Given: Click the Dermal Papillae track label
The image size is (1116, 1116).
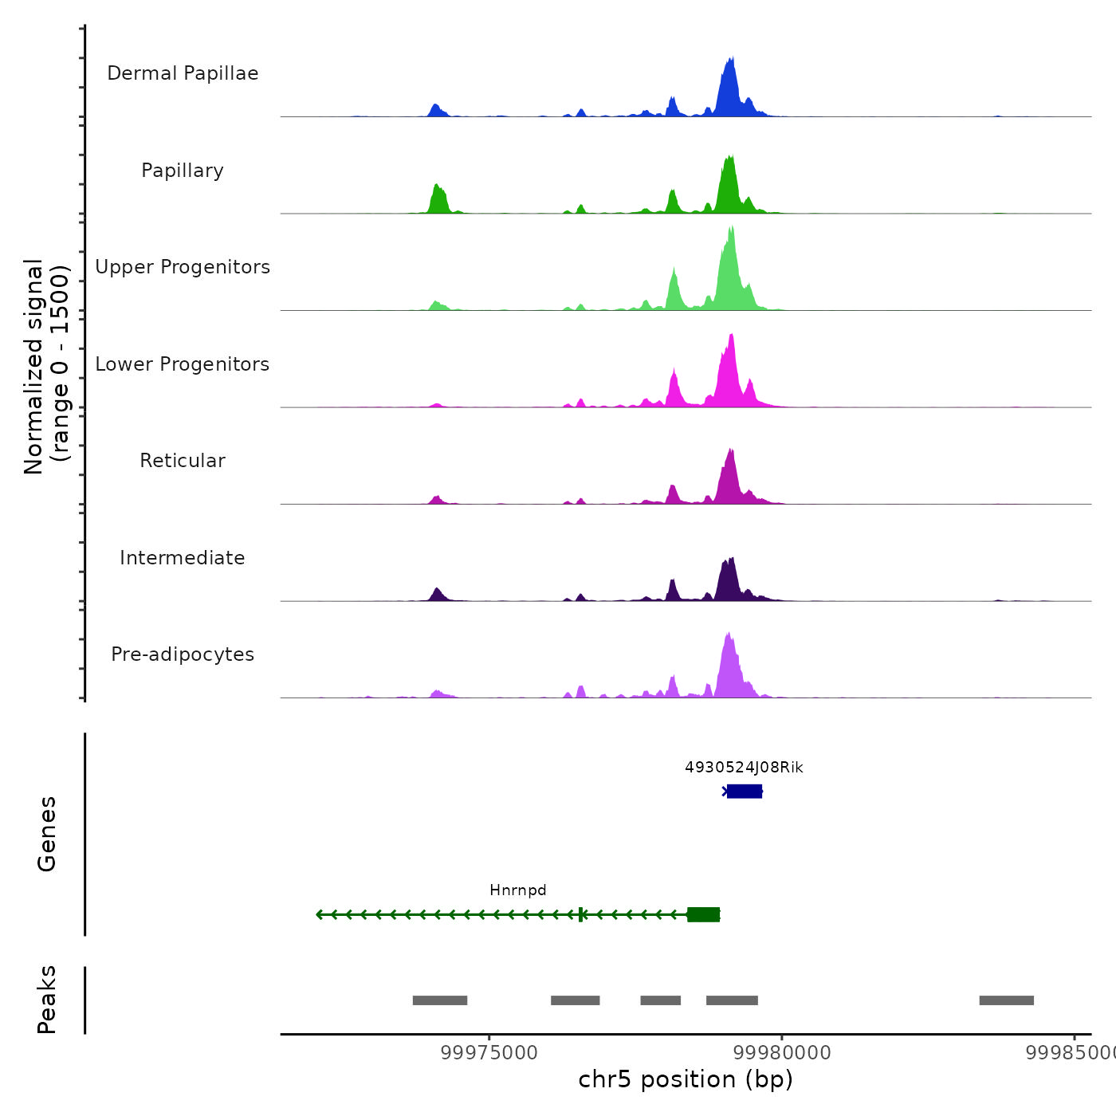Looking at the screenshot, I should point(183,73).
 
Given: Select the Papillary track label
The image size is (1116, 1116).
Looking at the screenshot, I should point(183,171).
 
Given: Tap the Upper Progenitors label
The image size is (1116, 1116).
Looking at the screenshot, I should point(183,267).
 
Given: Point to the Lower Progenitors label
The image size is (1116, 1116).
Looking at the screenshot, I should point(183,364).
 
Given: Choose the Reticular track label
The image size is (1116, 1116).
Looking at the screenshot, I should point(183,461).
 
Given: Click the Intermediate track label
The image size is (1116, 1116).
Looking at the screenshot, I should point(183,558).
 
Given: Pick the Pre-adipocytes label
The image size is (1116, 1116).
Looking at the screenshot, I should point(183,654).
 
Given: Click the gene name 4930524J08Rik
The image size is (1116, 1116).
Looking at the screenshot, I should point(744,768).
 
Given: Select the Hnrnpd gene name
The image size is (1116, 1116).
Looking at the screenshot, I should point(518,890).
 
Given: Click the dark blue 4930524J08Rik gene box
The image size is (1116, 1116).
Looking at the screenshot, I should point(745,792).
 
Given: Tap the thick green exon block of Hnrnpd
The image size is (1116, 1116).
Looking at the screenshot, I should point(704,914).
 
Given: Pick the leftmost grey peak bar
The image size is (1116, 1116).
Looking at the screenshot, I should point(440,1000).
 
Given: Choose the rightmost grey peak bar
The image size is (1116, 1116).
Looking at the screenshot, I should point(1006,1000).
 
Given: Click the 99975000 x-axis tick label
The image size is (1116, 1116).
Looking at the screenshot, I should point(489,1053).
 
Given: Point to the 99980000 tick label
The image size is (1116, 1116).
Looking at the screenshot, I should point(782,1053).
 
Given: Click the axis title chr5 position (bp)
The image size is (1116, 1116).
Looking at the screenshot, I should point(686,1080).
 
